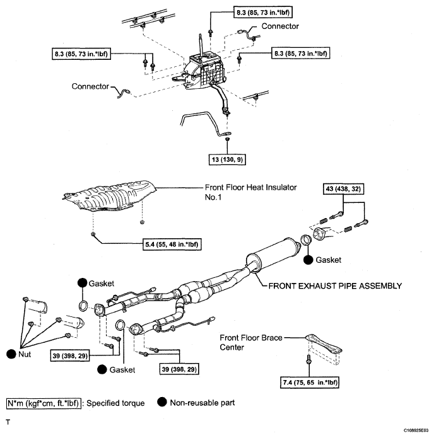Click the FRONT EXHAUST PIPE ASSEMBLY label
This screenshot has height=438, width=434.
click(335, 285)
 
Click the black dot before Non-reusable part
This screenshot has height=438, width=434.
click(163, 403)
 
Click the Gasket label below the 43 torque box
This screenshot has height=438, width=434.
click(328, 260)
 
